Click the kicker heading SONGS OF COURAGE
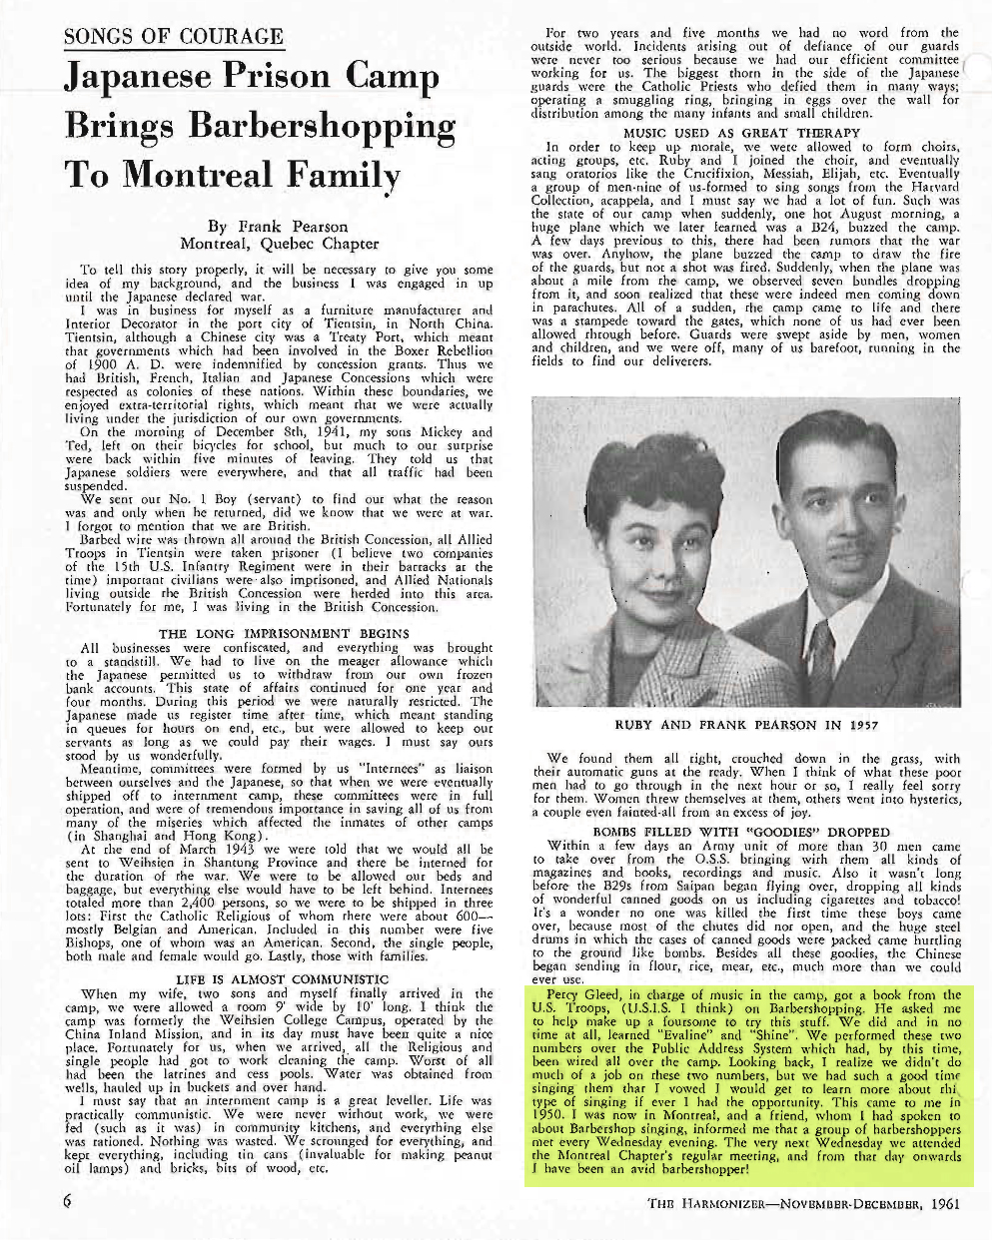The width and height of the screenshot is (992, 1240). click(x=174, y=37)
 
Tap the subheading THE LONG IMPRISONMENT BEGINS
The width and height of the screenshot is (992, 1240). click(x=284, y=633)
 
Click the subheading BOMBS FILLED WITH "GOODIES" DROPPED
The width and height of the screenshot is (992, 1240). click(x=741, y=832)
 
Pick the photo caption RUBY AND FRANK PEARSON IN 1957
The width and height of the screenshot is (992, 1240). click(x=746, y=725)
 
